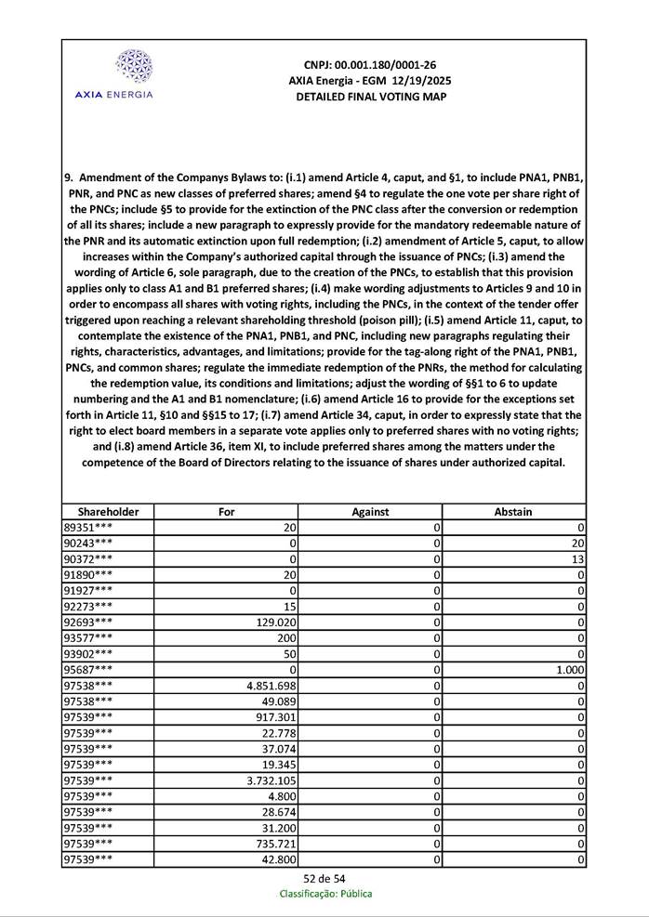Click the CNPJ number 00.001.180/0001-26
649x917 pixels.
tap(370, 65)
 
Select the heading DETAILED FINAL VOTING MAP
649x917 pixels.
tap(370, 97)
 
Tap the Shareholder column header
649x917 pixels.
tap(108, 512)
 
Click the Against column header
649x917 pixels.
tap(370, 512)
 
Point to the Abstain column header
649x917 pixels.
tap(513, 512)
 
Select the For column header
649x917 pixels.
tap(226, 512)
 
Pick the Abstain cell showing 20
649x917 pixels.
tap(576, 542)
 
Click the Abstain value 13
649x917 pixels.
tap(577, 557)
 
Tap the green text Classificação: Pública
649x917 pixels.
tap(325, 894)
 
